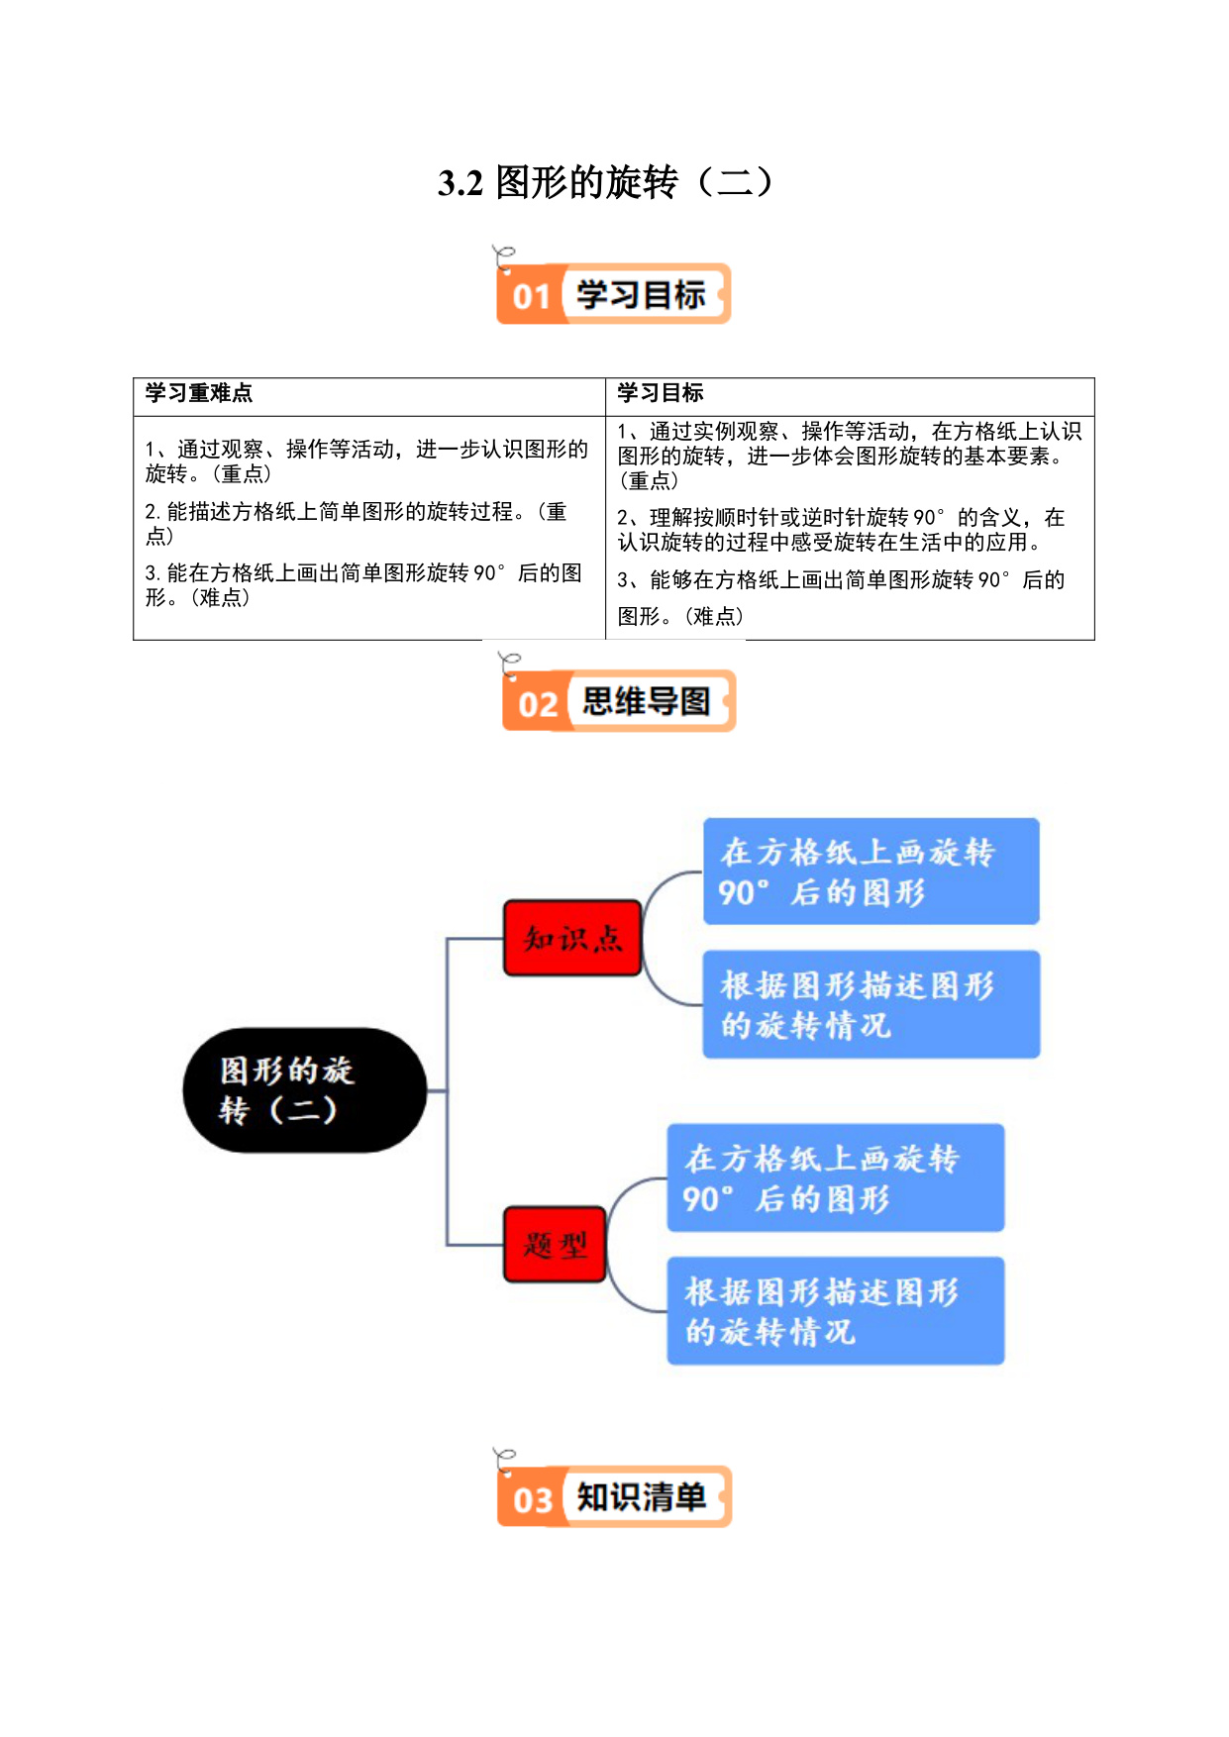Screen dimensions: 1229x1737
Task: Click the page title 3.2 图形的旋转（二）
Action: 606,183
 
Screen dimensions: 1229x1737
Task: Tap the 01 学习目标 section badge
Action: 613,293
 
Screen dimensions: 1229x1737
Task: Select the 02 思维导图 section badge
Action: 619,701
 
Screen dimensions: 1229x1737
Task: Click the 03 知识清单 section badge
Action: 614,1496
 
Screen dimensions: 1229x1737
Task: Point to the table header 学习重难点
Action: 199,393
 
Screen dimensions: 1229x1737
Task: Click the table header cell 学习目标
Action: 661,393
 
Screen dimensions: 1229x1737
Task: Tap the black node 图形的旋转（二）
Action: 305,1089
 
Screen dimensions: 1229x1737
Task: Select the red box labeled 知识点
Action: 572,938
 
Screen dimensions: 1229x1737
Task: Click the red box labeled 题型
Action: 555,1244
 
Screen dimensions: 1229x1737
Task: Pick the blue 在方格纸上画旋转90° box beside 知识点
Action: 871,871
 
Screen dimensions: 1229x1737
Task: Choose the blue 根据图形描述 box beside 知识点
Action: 871,1004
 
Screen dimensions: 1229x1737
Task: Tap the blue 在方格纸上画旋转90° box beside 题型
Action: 836,1177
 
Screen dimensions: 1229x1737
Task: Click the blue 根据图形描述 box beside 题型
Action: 836,1310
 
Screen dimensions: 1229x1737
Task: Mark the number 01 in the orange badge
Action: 532,296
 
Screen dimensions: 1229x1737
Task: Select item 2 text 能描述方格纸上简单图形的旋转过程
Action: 342,512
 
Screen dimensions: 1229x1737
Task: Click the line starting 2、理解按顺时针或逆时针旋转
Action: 841,518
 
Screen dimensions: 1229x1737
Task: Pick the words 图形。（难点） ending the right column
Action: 680,617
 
